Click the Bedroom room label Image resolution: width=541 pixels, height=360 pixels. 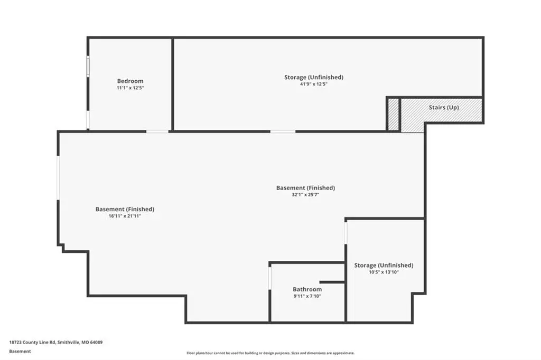point(130,81)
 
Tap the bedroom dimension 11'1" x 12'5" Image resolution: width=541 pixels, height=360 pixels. point(130,88)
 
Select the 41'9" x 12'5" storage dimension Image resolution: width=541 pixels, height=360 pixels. point(314,84)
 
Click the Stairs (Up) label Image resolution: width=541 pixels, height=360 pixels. point(444,107)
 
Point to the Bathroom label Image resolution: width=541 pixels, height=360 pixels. point(307,289)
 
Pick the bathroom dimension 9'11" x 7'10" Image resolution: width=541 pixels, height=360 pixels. point(307,296)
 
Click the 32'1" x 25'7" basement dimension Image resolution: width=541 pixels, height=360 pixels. point(305,194)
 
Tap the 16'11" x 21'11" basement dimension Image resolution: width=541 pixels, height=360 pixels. point(125,216)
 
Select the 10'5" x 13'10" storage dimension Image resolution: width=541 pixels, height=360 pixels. point(384,272)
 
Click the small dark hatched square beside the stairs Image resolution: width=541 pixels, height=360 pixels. point(393,115)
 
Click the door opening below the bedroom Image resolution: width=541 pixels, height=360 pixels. point(157,131)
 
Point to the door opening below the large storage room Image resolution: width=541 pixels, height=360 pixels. point(283,131)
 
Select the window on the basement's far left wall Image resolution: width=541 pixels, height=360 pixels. point(58,178)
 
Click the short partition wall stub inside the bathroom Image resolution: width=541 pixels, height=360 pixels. point(332,282)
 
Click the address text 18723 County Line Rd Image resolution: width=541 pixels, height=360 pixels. point(32,343)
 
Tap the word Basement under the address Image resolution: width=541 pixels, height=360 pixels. point(20,352)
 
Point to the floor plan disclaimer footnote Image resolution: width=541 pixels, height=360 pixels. point(270,353)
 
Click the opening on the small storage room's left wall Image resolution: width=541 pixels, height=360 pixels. point(346,233)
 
